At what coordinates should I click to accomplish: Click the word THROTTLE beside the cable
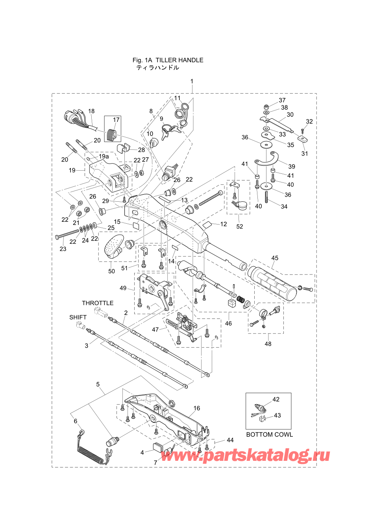click(98, 303)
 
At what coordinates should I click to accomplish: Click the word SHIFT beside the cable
click(78, 317)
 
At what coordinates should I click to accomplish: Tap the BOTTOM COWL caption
click(269, 434)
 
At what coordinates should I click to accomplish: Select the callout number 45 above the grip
click(275, 258)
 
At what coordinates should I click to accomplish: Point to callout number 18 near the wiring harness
click(91, 111)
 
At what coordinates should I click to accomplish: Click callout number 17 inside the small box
click(116, 120)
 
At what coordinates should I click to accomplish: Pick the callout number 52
click(239, 226)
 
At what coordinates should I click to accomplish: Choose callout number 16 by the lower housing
click(197, 408)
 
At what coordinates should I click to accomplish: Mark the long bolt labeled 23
click(67, 234)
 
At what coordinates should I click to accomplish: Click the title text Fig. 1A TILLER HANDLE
click(168, 60)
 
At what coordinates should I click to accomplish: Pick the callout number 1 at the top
click(192, 81)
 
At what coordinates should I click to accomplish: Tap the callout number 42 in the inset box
click(276, 399)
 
